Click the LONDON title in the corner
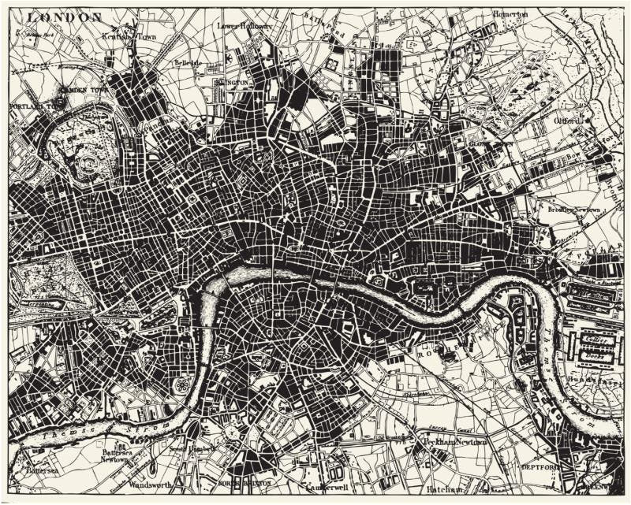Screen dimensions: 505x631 [x=66, y=17]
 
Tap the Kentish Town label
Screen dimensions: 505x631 [x=126, y=36]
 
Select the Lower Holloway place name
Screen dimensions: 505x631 [x=245, y=26]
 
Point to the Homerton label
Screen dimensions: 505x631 [x=510, y=14]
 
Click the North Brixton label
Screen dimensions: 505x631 [x=245, y=482]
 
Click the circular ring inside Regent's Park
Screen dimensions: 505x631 [x=88, y=166]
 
